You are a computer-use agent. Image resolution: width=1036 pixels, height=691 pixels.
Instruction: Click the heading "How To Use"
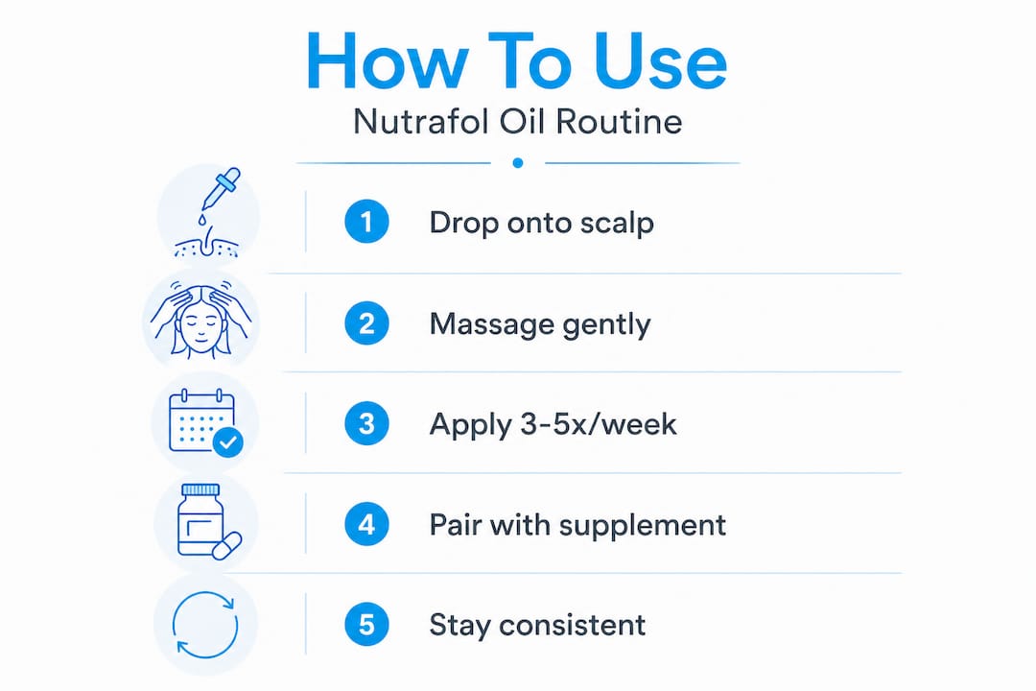click(x=516, y=60)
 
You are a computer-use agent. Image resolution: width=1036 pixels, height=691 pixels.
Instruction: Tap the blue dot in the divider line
click(x=518, y=162)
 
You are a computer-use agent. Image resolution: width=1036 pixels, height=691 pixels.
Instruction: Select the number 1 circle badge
click(x=366, y=222)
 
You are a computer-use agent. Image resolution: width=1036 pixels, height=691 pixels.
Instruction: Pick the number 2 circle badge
click(x=366, y=323)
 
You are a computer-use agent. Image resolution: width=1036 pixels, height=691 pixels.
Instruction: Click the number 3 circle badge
click(x=366, y=424)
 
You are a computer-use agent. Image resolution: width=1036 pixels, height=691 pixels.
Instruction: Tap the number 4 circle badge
click(x=366, y=524)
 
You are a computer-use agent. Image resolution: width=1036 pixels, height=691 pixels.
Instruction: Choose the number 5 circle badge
click(x=366, y=625)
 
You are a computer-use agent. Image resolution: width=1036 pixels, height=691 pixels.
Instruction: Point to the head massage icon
click(x=200, y=320)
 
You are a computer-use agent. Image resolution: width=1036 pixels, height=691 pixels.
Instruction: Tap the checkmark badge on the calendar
click(x=228, y=441)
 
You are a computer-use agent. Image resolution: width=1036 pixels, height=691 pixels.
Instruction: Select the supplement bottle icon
click(x=200, y=520)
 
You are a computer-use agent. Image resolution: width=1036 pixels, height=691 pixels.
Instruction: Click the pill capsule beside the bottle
click(x=226, y=546)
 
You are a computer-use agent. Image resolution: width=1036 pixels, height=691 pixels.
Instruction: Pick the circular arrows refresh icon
click(x=205, y=625)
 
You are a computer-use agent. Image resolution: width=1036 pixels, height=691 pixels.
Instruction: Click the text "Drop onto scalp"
click(x=542, y=223)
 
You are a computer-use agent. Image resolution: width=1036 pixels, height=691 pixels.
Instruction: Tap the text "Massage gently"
click(x=540, y=324)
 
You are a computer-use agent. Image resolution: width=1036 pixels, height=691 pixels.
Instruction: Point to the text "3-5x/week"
click(x=599, y=424)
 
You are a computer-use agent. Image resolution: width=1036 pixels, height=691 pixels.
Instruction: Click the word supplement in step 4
click(x=643, y=526)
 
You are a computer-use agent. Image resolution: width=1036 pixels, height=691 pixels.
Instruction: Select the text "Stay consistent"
click(x=537, y=625)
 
